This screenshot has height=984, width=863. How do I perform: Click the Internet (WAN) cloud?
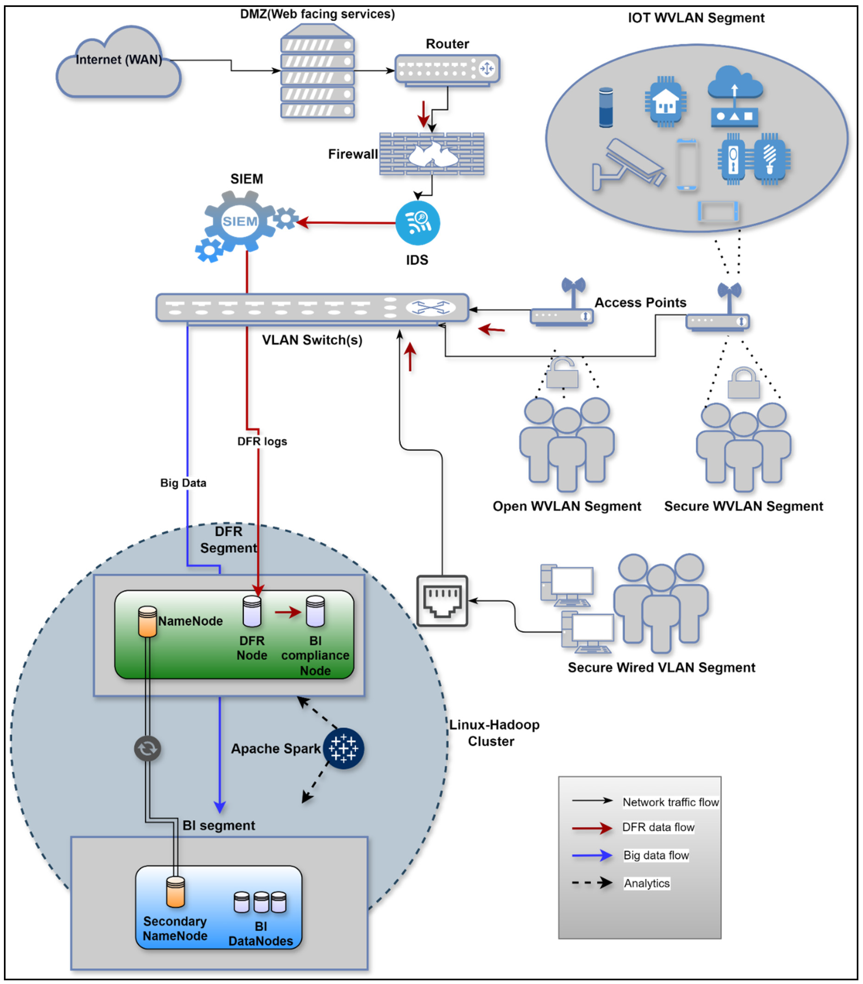(x=118, y=65)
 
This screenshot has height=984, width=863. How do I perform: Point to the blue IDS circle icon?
(x=417, y=223)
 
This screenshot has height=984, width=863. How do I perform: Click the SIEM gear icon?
(x=239, y=221)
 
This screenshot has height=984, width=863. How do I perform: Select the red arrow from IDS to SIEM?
(x=347, y=223)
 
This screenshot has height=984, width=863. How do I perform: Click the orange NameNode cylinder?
(x=147, y=621)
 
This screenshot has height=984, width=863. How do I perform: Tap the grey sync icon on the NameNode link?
(x=147, y=749)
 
